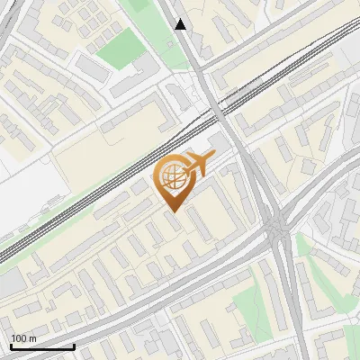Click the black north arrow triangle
point(181,24)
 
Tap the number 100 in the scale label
point(19,338)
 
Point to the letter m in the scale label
point(32,338)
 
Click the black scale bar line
point(41,346)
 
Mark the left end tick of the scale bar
point(11,345)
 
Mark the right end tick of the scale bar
point(73,345)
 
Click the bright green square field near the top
point(121,49)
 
